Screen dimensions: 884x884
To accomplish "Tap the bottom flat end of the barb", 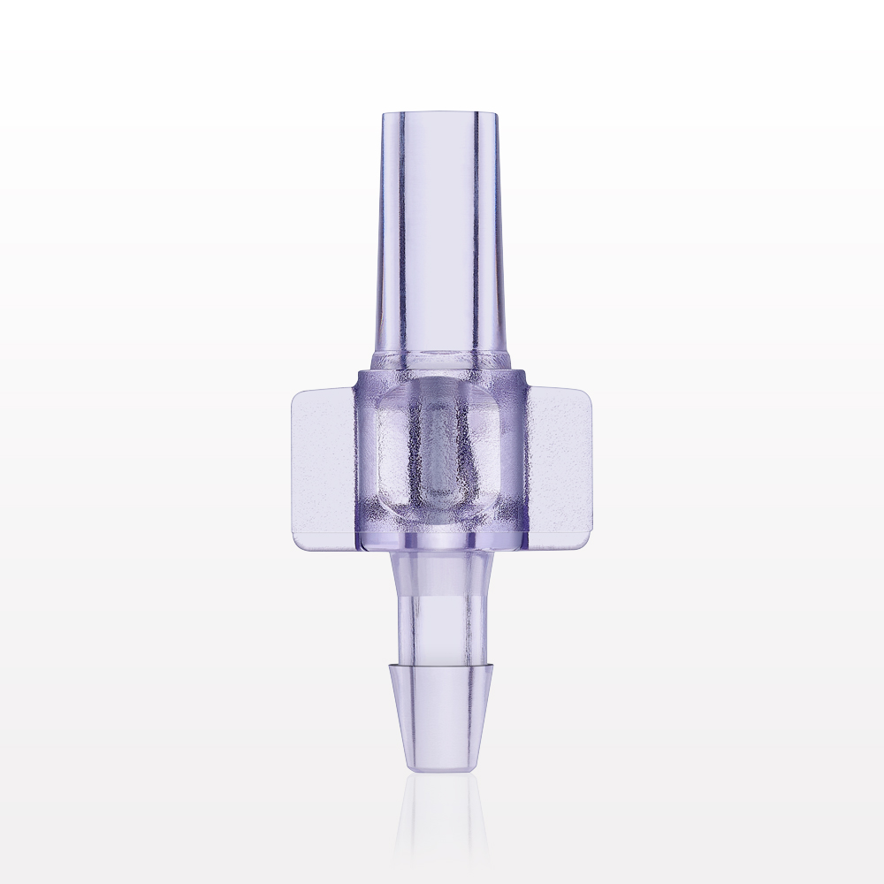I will coord(438,769).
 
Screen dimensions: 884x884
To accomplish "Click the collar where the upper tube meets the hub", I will coord(440,359).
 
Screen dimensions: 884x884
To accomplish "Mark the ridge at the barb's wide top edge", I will coord(438,663).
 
